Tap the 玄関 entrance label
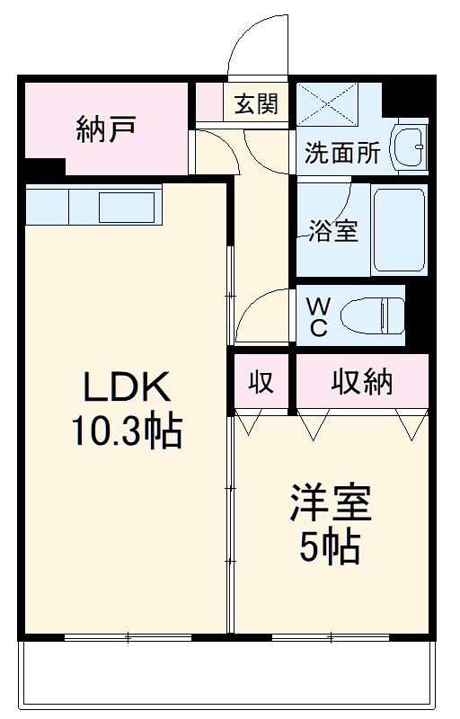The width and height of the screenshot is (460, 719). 256,104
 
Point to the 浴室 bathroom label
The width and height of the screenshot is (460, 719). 334,230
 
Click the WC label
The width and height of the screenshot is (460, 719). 319,316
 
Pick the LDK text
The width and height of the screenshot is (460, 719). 127,388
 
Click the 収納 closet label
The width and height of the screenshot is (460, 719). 362,383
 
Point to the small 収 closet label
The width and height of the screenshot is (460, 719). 261,383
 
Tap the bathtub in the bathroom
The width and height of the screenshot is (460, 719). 398,230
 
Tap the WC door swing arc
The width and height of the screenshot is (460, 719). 266,316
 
